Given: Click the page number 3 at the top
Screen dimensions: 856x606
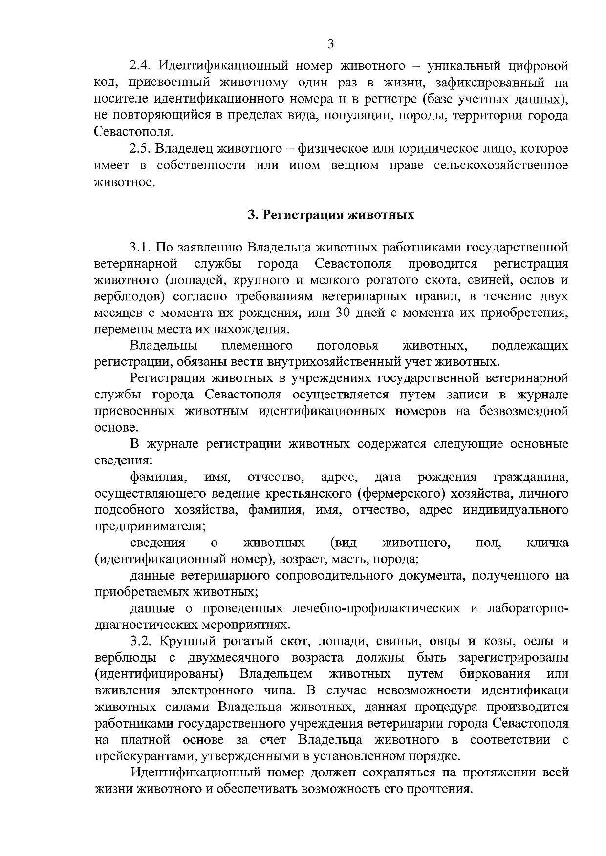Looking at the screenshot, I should point(330,45).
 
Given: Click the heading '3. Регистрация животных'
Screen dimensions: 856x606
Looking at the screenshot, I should point(331,215).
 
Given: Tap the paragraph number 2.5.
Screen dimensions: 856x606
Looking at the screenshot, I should point(141,148).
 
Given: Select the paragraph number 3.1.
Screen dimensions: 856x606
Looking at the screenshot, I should point(141,247).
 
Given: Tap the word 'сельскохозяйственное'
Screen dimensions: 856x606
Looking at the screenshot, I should point(500,165).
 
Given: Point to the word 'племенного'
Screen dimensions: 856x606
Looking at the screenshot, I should point(257,346).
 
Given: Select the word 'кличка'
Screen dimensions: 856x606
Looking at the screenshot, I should point(548,543).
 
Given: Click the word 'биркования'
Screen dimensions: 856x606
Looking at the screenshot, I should point(495,674).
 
